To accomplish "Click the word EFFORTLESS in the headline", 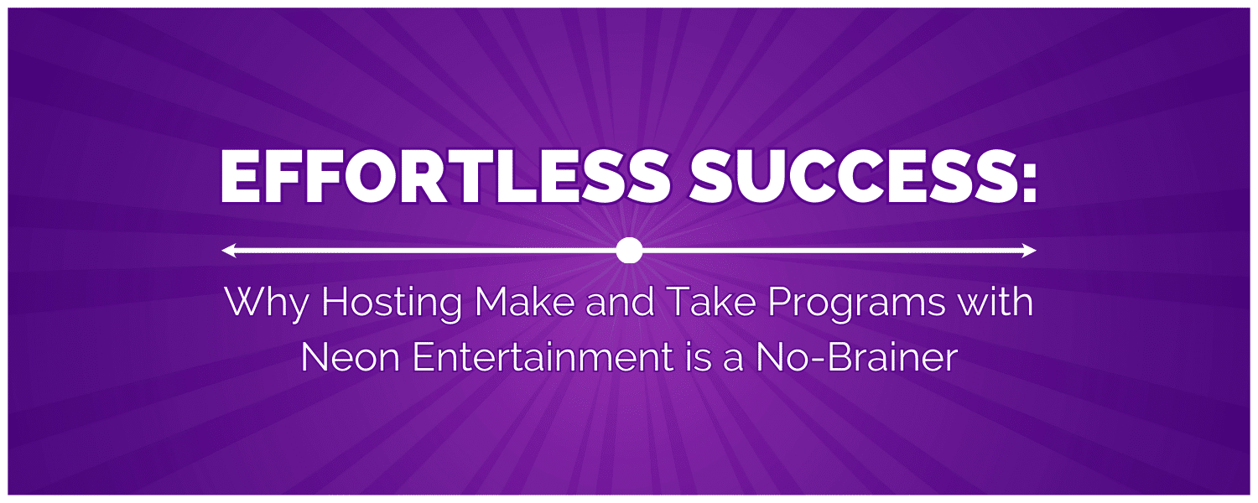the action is [x=444, y=177].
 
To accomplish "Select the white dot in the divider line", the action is [x=629, y=251].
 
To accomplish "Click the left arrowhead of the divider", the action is [x=229, y=251].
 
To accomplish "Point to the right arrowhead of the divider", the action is [x=1029, y=251].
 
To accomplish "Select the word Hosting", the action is [x=392, y=303].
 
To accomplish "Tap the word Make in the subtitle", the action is [x=524, y=302].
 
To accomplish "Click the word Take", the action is [x=712, y=302].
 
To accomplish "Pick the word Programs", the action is [x=856, y=304].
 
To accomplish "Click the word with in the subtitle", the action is [x=995, y=302].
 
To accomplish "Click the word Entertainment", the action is [x=543, y=357].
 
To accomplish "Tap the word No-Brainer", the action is [x=856, y=357].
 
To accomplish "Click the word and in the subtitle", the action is [x=621, y=302].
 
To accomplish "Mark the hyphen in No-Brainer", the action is [x=817, y=360].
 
